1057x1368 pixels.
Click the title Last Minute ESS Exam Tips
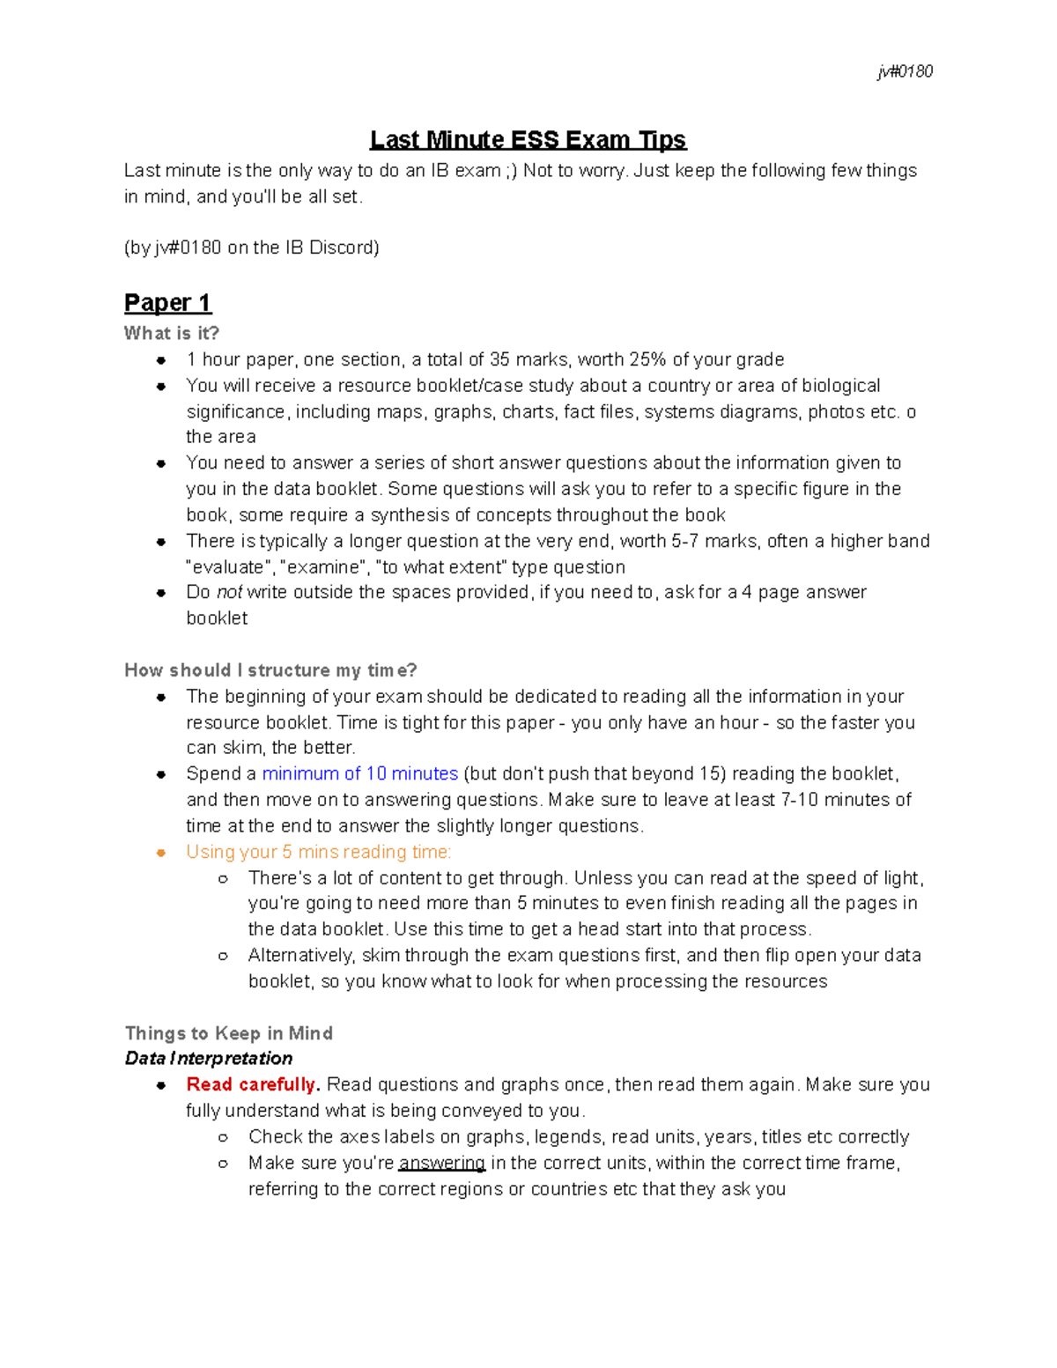[528, 140]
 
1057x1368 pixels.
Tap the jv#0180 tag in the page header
[905, 71]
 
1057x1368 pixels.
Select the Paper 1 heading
[167, 303]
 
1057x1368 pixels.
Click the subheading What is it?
[171, 333]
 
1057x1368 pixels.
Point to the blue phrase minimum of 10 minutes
[359, 773]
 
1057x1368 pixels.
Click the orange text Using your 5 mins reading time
[318, 852]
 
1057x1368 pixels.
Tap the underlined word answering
[441, 1163]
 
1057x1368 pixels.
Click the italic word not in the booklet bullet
[229, 592]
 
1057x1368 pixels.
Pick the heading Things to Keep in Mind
[228, 1033]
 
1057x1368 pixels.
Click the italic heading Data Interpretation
[208, 1058]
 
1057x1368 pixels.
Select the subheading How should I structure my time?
[270, 670]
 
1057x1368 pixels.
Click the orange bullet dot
[161, 853]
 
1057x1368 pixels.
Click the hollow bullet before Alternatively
[224, 956]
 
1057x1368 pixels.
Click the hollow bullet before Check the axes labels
[224, 1137]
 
